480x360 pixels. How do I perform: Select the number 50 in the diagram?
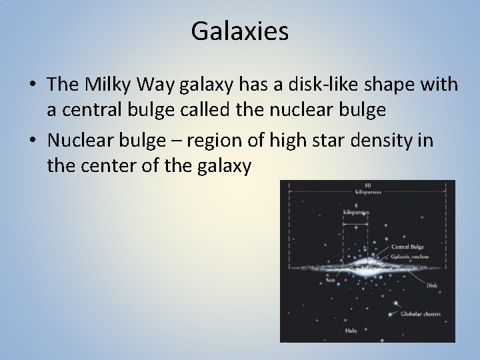(x=367, y=185)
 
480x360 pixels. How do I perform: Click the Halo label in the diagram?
(x=351, y=330)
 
